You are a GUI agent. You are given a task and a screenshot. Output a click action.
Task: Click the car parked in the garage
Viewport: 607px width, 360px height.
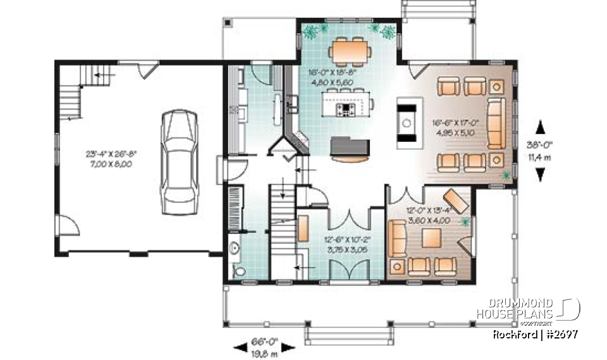coord(180,162)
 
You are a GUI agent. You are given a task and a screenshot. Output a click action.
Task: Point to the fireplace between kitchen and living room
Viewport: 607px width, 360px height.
coord(405,121)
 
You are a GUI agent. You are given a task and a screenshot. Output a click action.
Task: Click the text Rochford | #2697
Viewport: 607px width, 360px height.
coord(535,334)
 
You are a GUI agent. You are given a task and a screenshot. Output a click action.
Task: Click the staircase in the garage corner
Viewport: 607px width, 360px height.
coord(71,95)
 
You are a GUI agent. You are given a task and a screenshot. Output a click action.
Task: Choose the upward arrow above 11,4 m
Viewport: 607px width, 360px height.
coord(539,125)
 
